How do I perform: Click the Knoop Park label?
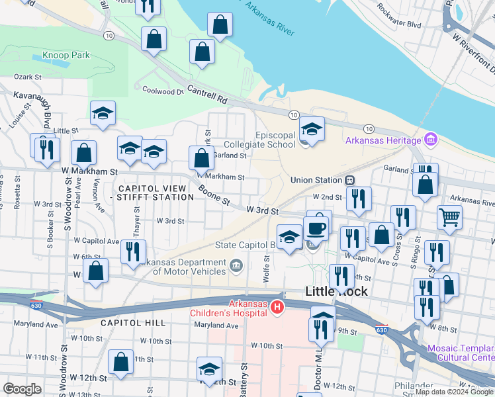66,56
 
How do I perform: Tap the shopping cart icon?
449,216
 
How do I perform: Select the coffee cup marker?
316,228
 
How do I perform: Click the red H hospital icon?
278,307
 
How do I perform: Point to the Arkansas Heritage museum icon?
431,140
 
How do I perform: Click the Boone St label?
212,194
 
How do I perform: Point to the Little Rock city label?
336,291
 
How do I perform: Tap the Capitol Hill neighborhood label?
132,322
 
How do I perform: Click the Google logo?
22,389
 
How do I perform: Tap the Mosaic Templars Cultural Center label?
460,353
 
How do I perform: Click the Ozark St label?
28,77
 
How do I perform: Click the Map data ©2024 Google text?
454,392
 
